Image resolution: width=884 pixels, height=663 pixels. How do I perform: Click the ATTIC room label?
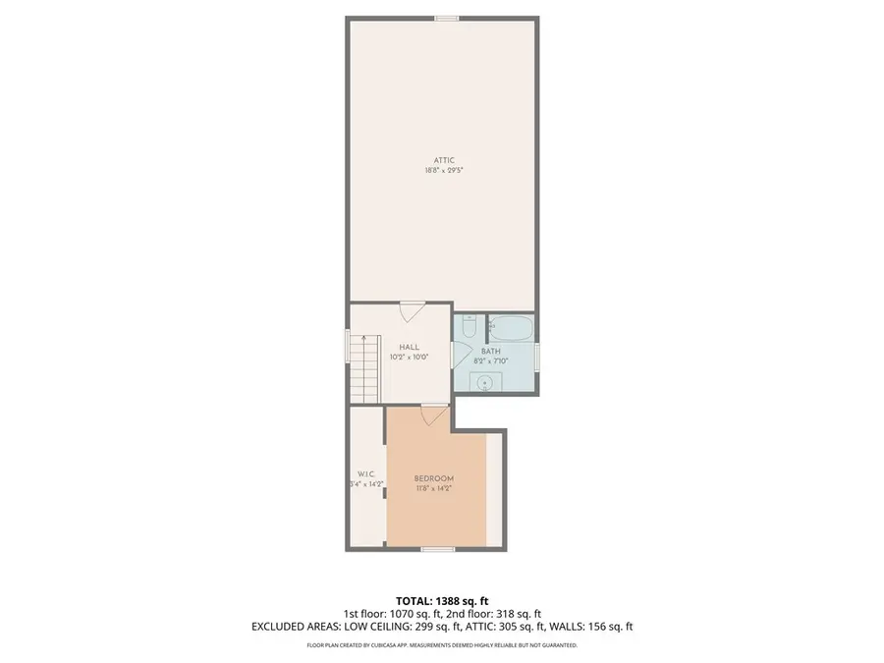coord(444,160)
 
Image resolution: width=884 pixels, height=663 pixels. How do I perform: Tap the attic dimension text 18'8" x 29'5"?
coord(444,170)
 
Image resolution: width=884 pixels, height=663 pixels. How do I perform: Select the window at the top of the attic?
coord(447,18)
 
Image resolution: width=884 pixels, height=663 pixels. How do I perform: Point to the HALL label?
coord(409,347)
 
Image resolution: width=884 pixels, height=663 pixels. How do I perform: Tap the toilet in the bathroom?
coord(469,324)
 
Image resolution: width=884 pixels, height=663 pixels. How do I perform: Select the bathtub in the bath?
coord(511,327)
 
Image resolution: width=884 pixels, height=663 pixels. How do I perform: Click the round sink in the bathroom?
coord(484,383)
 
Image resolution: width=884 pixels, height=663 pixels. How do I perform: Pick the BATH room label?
coord(491,351)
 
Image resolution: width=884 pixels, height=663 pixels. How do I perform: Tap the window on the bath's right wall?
coord(538,356)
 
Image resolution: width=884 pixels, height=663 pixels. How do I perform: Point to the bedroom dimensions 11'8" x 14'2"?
coord(433,488)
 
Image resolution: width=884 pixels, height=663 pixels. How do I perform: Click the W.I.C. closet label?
coord(364,473)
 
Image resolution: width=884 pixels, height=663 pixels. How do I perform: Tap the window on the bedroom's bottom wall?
coord(436,549)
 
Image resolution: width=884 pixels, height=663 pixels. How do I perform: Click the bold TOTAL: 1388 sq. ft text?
coord(441,600)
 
